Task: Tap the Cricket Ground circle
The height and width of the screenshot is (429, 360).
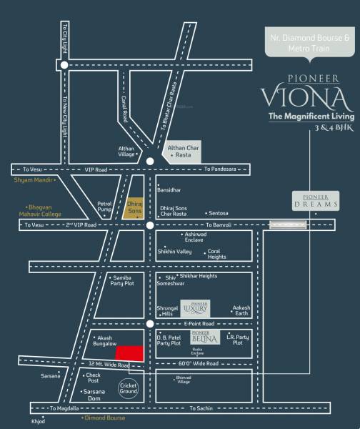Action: coord(128,389)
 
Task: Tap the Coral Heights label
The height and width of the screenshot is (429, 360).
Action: coord(216,254)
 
